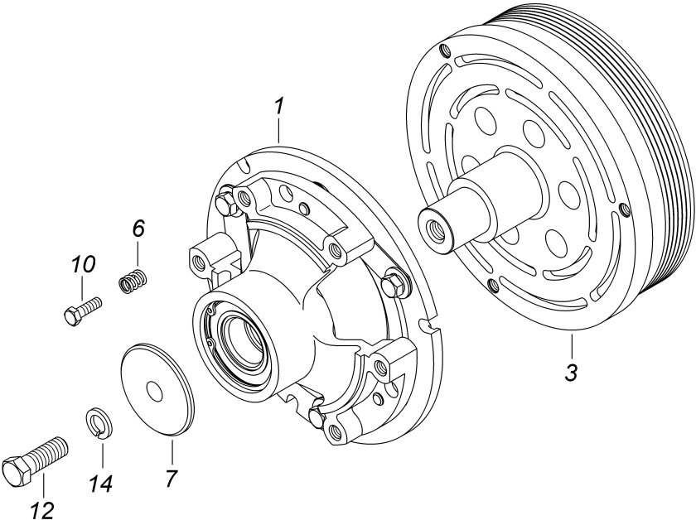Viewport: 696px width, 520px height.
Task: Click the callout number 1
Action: coord(278,106)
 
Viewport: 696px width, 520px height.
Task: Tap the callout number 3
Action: coord(572,373)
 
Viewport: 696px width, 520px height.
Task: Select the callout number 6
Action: coord(138,229)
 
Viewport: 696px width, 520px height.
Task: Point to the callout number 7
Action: coord(172,478)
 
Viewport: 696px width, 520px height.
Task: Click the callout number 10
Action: coord(83,265)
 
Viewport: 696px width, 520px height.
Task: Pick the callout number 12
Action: coord(43,510)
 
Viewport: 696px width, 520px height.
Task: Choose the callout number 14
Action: coord(101,484)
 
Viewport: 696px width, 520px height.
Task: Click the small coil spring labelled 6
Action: coord(133,282)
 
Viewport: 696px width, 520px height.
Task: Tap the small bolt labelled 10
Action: coord(83,311)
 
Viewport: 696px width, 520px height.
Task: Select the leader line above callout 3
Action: coord(573,346)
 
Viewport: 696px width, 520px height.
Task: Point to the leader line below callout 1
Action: coord(278,129)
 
